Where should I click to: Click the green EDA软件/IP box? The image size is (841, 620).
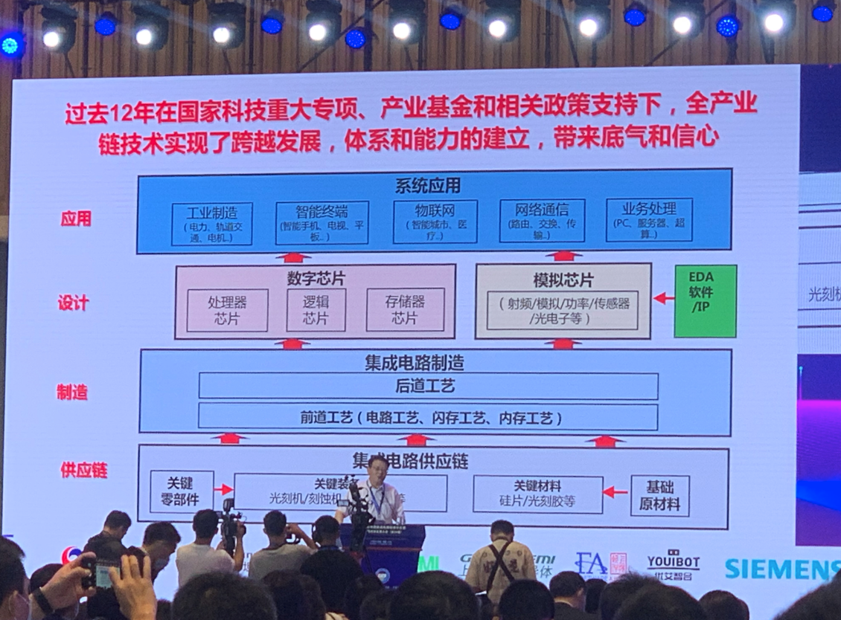(705, 300)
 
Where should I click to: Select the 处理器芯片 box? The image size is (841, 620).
(227, 310)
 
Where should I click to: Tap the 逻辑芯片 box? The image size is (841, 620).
(316, 310)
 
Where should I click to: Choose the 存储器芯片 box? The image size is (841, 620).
(405, 310)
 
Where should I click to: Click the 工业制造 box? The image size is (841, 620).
(211, 223)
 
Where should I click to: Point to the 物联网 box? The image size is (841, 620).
(435, 222)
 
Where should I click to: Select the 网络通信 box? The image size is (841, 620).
(543, 221)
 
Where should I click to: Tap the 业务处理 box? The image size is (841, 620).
(650, 220)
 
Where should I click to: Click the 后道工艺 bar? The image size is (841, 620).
(428, 386)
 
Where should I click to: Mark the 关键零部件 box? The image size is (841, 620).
(181, 491)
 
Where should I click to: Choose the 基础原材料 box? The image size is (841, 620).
(659, 497)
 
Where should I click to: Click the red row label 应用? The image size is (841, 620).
(76, 219)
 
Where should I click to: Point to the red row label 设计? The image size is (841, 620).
(73, 303)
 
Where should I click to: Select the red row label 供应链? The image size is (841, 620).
(84, 470)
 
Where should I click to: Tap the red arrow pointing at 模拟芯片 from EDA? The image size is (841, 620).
(663, 298)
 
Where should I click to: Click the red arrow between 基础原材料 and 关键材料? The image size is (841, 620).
(615, 491)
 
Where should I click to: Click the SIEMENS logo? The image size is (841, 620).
(781, 569)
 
